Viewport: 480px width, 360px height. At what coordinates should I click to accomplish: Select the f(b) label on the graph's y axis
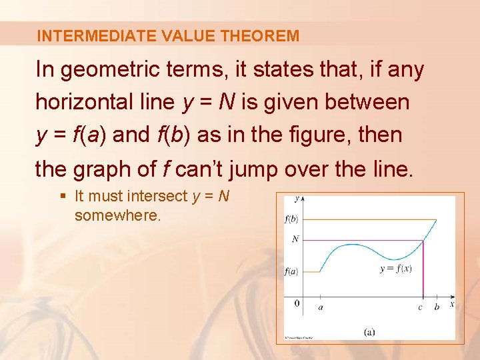tap(291, 219)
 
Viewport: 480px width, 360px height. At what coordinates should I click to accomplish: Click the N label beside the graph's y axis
tap(295, 239)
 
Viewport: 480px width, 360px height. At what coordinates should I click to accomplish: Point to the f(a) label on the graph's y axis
tap(291, 271)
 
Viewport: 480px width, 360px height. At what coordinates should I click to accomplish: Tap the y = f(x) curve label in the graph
tap(395, 269)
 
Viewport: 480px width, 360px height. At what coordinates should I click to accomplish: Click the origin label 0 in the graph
tap(297, 305)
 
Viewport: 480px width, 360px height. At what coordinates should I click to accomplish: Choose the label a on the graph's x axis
tap(321, 307)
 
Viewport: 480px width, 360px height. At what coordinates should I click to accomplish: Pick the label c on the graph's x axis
tap(420, 307)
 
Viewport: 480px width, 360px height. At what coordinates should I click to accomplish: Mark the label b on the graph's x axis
tap(437, 307)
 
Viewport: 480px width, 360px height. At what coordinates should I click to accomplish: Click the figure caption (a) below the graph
tap(369, 331)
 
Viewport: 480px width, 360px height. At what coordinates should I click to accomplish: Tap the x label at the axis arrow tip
tap(452, 304)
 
